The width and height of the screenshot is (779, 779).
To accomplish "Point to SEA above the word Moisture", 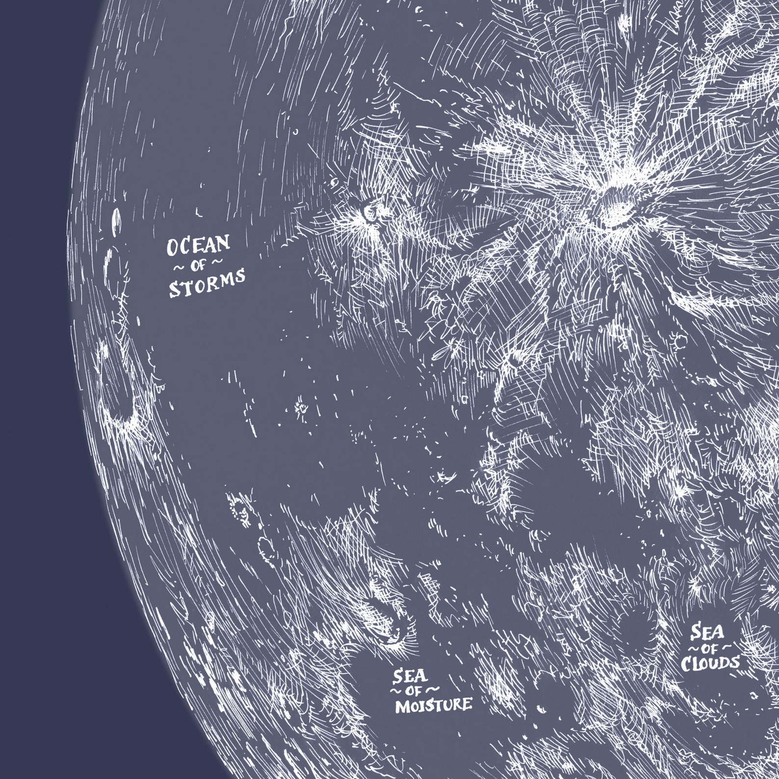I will [x=410, y=676].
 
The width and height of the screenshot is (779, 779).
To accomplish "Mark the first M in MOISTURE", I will [x=401, y=707].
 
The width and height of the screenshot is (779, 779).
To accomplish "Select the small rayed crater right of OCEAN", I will [x=368, y=213].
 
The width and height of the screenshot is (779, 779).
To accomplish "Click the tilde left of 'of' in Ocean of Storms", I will [x=178, y=268].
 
